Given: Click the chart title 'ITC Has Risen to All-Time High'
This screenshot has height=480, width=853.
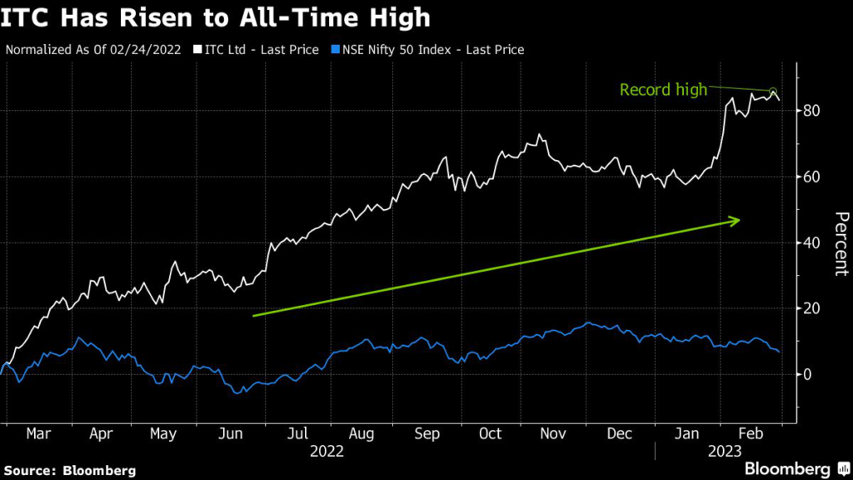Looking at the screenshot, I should pyautogui.click(x=216, y=17).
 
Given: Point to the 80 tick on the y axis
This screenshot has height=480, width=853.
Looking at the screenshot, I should pyautogui.click(x=813, y=111).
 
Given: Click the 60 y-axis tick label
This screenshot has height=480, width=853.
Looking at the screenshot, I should pyautogui.click(x=813, y=177).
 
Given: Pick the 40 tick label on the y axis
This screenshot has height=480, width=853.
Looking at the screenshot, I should pyautogui.click(x=813, y=242).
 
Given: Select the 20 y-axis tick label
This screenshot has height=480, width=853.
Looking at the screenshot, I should pyautogui.click(x=813, y=308).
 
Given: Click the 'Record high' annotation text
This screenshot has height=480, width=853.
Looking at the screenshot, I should pyautogui.click(x=663, y=89).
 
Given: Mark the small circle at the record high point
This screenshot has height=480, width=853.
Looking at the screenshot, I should pyautogui.click(x=772, y=92).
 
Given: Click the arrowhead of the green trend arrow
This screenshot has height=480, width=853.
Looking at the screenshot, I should pyautogui.click(x=736, y=220).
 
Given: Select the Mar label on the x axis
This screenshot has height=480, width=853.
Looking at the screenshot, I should pyautogui.click(x=39, y=434).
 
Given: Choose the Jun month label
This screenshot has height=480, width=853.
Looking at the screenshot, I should pyautogui.click(x=231, y=434).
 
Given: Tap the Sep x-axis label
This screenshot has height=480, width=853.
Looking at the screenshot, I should pyautogui.click(x=426, y=434).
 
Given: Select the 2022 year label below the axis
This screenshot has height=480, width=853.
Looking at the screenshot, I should pyautogui.click(x=327, y=452).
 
